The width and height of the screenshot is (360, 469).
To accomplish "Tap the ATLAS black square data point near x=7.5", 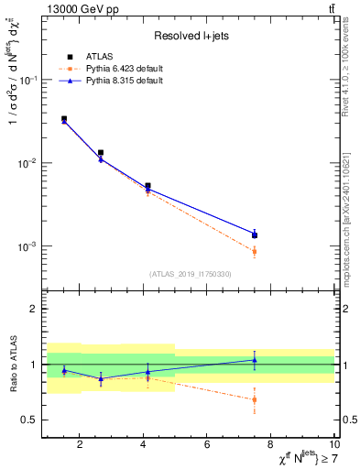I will tap(255, 235).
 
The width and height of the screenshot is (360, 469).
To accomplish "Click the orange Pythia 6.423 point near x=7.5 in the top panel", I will tap(255, 251).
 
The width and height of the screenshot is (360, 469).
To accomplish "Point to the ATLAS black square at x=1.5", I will tap(63, 119).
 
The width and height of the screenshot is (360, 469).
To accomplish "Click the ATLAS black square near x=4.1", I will tap(147, 186).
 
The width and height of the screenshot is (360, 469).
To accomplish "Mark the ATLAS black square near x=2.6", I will tap(100, 153).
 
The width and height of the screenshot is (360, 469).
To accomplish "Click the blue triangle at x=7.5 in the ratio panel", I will tap(255, 360).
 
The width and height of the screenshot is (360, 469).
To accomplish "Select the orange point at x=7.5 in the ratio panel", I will tap(255, 399).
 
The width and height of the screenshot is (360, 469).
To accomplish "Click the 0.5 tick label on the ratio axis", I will tap(30, 420).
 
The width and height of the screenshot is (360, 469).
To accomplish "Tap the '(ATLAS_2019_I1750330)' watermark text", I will tap(190, 274).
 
